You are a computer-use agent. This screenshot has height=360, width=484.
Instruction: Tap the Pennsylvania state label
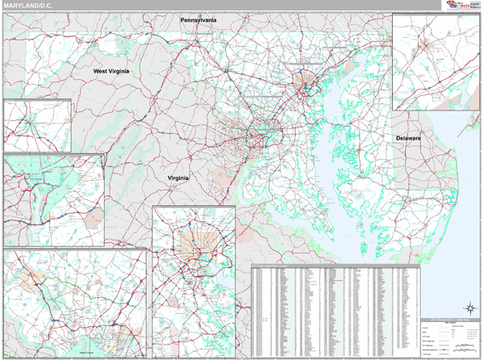198,19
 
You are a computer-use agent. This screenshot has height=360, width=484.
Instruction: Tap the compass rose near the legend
468,307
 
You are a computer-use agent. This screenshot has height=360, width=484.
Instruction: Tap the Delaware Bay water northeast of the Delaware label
440,121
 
